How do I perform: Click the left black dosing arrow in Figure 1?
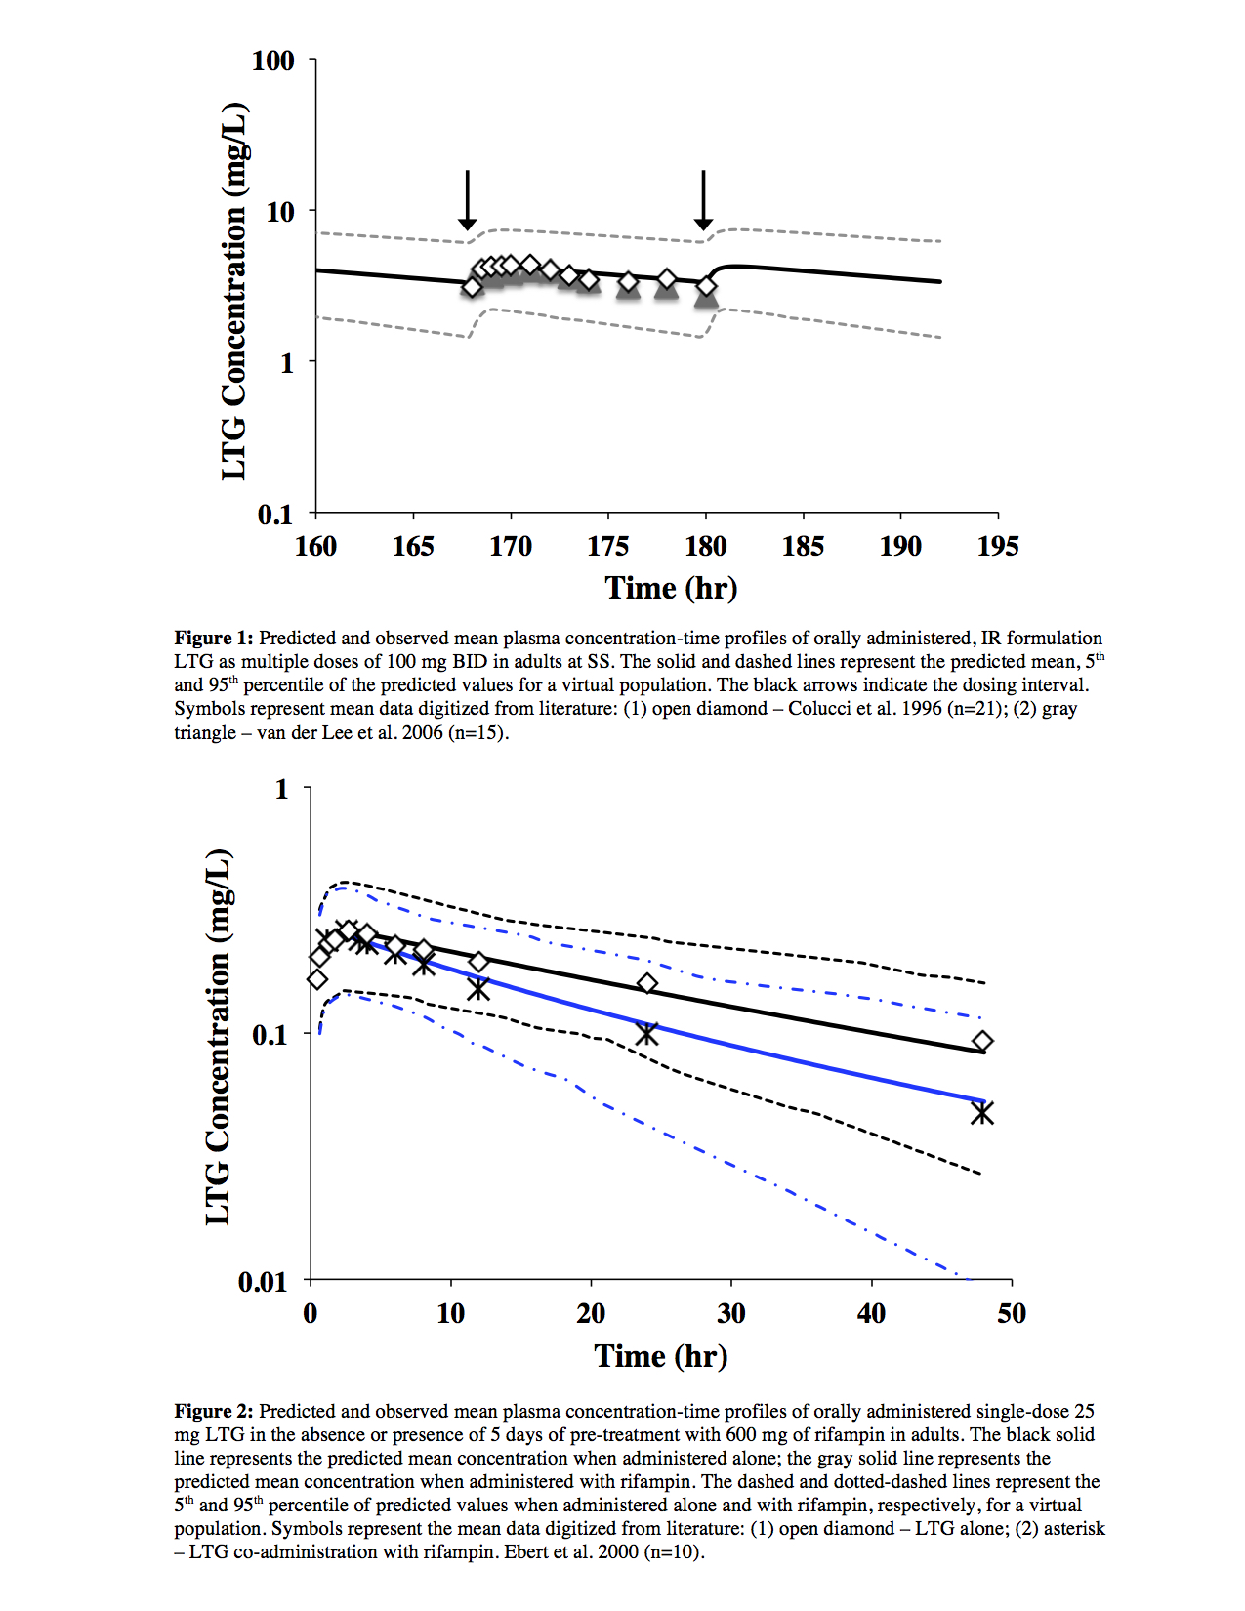(x=468, y=200)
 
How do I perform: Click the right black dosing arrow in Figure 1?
(x=703, y=200)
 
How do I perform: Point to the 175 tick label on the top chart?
(x=607, y=546)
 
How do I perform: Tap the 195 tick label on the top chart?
(x=997, y=546)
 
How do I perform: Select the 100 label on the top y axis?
(x=272, y=61)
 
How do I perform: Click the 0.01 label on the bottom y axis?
(x=263, y=1281)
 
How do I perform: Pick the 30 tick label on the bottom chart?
(x=731, y=1313)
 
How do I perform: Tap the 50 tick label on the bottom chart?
(x=1012, y=1313)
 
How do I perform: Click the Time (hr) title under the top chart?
(x=671, y=588)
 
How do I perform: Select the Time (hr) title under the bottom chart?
(x=661, y=1356)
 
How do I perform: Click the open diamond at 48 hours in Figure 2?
(x=982, y=1041)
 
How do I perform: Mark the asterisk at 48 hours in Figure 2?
(x=982, y=1112)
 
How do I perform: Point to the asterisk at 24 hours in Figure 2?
(x=646, y=1032)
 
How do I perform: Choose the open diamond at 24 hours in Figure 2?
(x=647, y=983)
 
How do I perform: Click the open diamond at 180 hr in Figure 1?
(x=706, y=286)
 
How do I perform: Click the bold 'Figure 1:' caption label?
(x=214, y=639)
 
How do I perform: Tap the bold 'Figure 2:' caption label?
(x=214, y=1412)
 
